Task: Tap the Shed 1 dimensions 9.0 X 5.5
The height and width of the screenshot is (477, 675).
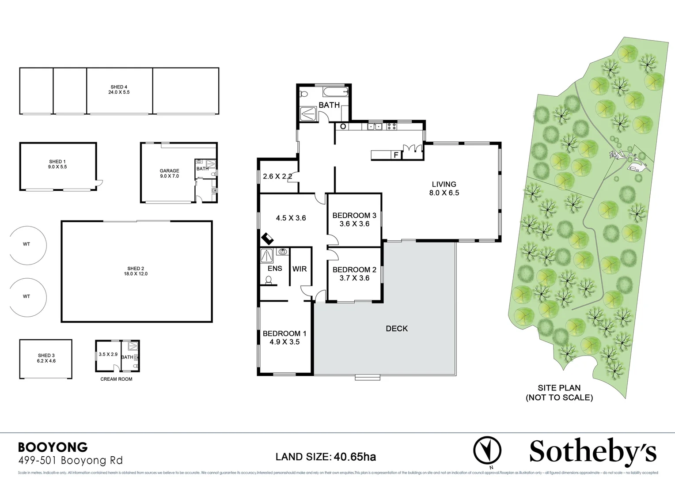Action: tap(58, 167)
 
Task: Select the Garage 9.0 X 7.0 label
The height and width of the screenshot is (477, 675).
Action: tap(169, 173)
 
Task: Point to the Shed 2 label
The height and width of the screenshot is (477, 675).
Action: tap(136, 269)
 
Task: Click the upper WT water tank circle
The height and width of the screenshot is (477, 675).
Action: tap(27, 244)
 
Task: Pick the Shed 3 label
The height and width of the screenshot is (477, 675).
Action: tap(46, 356)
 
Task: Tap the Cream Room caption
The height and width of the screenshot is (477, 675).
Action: tap(116, 379)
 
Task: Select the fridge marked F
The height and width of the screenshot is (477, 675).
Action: tap(396, 155)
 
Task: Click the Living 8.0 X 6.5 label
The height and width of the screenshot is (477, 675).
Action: tap(444, 188)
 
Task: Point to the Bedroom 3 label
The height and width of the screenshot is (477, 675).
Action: tap(354, 216)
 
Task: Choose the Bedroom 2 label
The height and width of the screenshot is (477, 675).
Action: tap(354, 270)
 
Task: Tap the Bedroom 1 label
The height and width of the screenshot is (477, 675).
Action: tap(284, 334)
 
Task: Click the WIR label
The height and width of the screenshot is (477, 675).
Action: tap(300, 269)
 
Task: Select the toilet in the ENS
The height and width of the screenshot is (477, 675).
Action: tap(268, 280)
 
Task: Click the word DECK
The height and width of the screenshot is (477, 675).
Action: tap(397, 329)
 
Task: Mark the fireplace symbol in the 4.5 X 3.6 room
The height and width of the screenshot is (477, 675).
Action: tap(267, 239)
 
